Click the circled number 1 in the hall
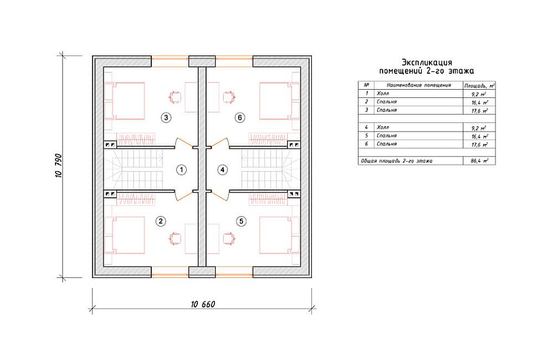(x=181, y=170)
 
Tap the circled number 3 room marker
(x=166, y=117)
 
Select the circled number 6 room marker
(x=240, y=117)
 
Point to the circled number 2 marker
(x=161, y=221)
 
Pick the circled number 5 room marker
(x=242, y=221)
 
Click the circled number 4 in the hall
(x=222, y=170)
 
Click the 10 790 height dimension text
(x=58, y=165)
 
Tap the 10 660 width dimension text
(x=203, y=305)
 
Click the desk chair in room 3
(x=175, y=97)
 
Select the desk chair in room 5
(x=229, y=238)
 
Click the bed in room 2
(x=125, y=235)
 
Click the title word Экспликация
(x=427, y=63)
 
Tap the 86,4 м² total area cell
(x=480, y=161)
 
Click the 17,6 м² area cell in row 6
(x=480, y=145)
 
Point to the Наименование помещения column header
(x=419, y=85)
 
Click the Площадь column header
(x=480, y=86)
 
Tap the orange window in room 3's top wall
(x=170, y=61)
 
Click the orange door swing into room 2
(x=181, y=196)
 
